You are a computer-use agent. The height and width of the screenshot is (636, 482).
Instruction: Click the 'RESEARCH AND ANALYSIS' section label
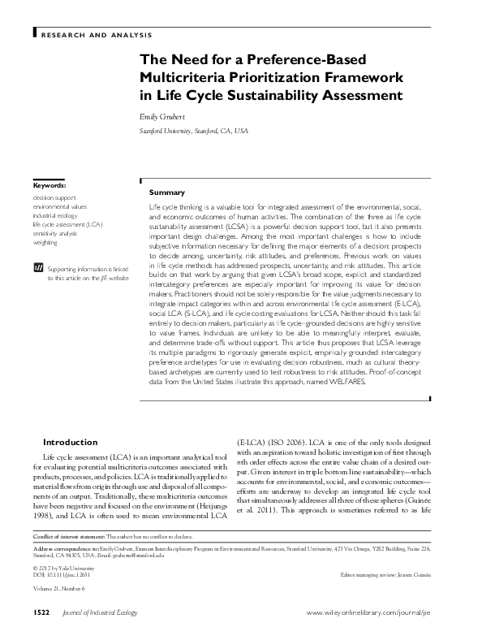pos(96,35)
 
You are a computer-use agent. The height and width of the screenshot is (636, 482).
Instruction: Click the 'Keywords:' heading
pos(49,186)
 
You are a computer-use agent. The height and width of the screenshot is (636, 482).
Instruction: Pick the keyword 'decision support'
pos(55,197)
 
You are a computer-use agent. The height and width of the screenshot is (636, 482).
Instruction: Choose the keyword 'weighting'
pos(45,242)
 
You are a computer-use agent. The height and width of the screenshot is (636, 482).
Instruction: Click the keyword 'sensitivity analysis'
pos(55,233)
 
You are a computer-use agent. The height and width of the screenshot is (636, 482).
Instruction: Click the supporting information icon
pos(37,266)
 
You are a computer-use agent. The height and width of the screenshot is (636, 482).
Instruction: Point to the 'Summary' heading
pos(167,193)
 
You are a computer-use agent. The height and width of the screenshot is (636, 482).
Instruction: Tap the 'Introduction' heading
pos(70,442)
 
